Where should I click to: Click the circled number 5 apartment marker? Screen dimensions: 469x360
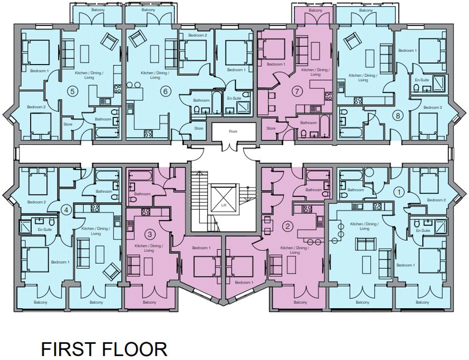[71, 91]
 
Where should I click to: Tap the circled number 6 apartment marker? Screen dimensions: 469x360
[165, 91]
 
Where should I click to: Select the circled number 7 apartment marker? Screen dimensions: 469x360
[297, 91]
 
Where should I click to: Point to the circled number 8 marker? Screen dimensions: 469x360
[398, 115]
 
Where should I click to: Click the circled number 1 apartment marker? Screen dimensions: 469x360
[398, 192]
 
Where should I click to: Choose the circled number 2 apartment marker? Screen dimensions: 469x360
[288, 226]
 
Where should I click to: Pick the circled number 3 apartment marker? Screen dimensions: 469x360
[150, 235]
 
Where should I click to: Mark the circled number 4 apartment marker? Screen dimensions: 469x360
[66, 210]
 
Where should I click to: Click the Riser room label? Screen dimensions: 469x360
[233, 132]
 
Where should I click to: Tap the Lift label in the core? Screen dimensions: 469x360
[224, 206]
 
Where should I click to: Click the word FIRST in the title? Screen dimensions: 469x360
[69, 349]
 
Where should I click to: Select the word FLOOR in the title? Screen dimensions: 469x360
[134, 349]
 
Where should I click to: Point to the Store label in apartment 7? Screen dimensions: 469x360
[271, 128]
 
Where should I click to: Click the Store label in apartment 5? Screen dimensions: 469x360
[68, 124]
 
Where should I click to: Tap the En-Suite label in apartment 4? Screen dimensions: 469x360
[45, 230]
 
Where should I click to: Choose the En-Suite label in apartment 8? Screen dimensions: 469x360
[422, 80]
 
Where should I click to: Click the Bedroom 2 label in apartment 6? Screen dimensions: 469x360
[198, 35]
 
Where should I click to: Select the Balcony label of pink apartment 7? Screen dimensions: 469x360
[316, 11]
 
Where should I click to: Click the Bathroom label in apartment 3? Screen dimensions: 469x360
[142, 194]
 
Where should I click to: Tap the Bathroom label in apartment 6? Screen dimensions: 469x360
[201, 100]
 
